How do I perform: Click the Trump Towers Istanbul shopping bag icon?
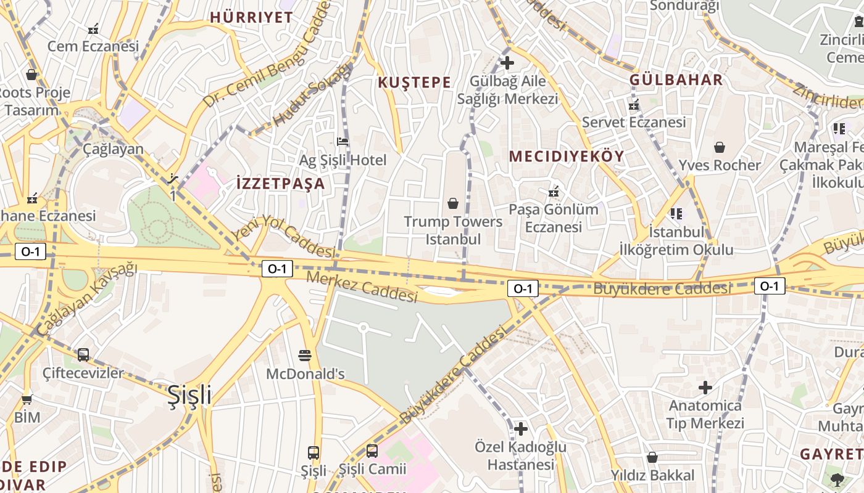[453, 203]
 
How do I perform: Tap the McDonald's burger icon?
[305, 355]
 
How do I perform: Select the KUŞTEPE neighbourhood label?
[414, 83]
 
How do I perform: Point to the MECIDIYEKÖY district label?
[567, 157]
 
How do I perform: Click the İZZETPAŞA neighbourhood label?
[280, 184]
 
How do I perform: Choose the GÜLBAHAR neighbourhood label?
[676, 79]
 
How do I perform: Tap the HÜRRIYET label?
[251, 17]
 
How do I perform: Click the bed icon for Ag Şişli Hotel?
[343, 142]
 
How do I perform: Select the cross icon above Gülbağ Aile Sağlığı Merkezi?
[507, 62]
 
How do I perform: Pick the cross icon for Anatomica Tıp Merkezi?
[705, 388]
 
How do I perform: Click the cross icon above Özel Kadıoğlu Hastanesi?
[521, 428]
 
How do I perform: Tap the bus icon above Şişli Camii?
[372, 450]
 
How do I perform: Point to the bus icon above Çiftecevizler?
[83, 355]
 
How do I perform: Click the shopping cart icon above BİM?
[27, 399]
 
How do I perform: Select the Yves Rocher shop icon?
[720, 147]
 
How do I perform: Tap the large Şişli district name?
[189, 395]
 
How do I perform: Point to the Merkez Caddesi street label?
[362, 287]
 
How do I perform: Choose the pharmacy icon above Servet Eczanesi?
[634, 105]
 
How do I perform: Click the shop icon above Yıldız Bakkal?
[652, 457]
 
